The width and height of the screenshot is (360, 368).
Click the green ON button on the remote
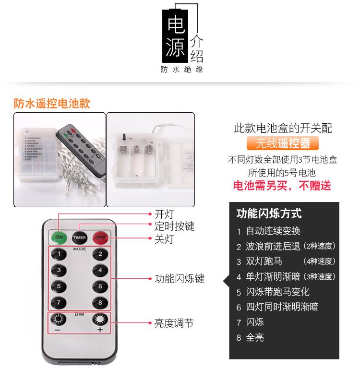(59, 237)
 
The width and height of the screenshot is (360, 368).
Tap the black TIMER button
(79, 237)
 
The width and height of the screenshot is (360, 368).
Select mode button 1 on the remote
(59, 255)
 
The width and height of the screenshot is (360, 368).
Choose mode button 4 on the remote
(100, 271)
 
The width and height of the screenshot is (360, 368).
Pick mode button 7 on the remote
(59, 302)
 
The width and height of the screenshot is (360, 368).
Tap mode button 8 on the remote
(100, 302)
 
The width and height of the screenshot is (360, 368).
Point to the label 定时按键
(174, 226)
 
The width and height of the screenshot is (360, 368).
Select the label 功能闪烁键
(179, 279)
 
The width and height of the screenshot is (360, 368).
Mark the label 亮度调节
(174, 323)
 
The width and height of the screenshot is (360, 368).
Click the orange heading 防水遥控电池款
(52, 104)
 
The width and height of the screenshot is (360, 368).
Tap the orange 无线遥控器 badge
(283, 143)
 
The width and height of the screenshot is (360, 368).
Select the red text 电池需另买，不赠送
(282, 186)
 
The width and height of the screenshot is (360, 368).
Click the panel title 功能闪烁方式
(269, 214)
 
